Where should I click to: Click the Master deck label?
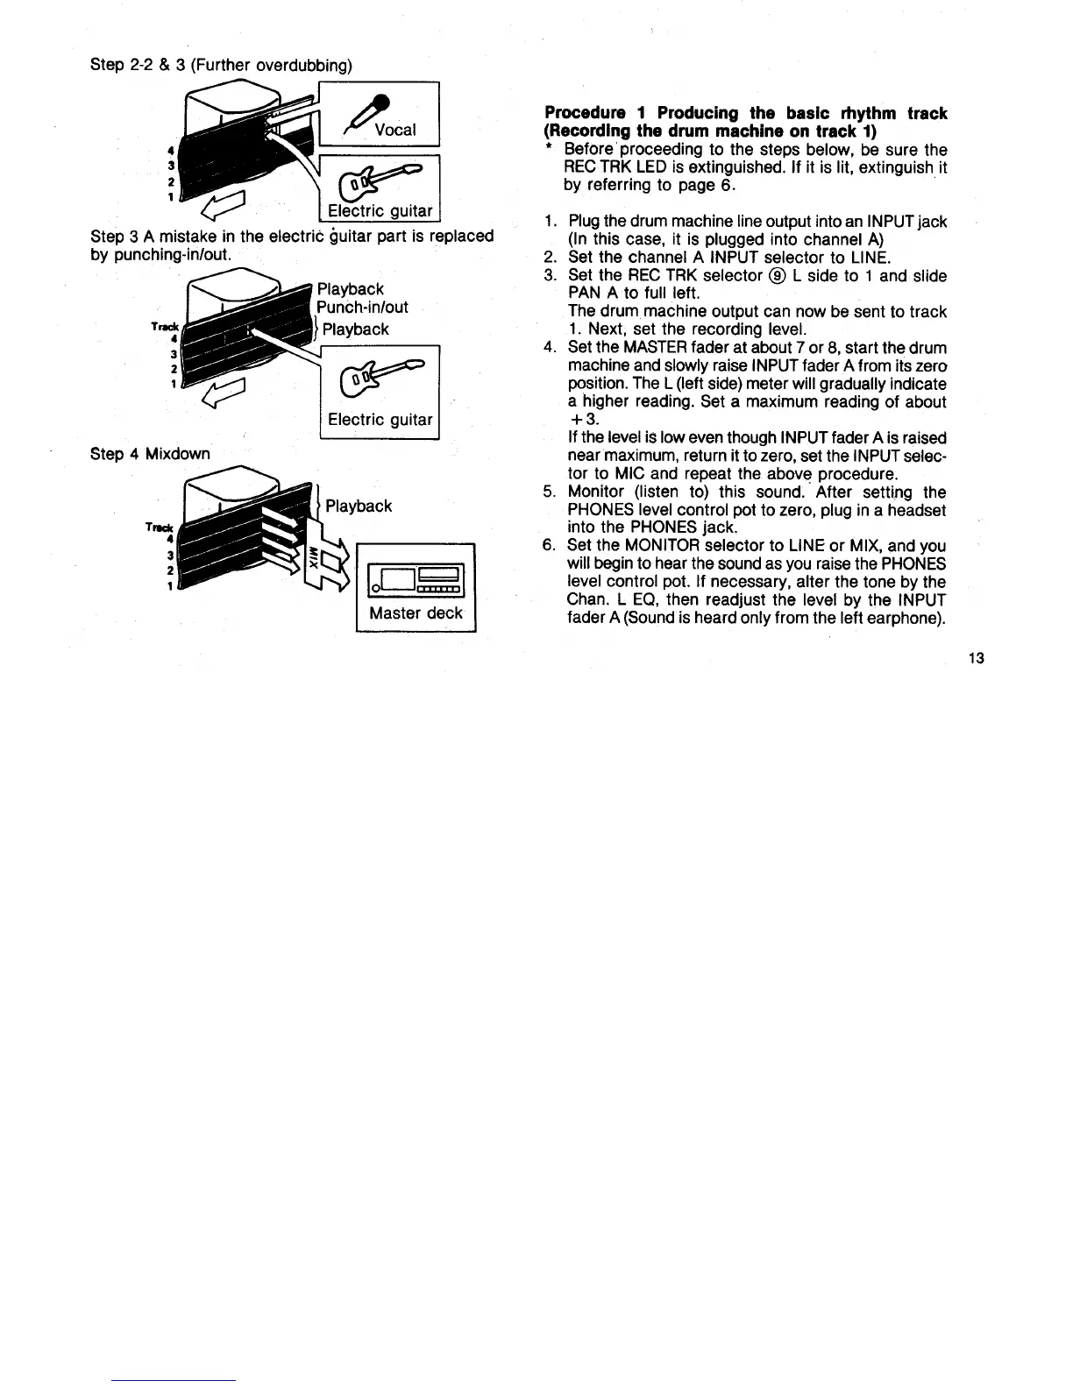click(416, 613)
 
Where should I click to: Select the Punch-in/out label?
click(363, 308)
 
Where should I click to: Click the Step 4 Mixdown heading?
click(150, 454)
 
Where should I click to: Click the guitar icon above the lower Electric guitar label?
click(380, 378)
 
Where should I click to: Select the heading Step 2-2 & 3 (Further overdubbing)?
click(221, 65)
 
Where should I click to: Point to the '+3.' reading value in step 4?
click(582, 420)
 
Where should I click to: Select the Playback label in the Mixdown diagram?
click(359, 506)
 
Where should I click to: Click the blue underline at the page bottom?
click(174, 1379)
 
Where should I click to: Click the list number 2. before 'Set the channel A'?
click(551, 258)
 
